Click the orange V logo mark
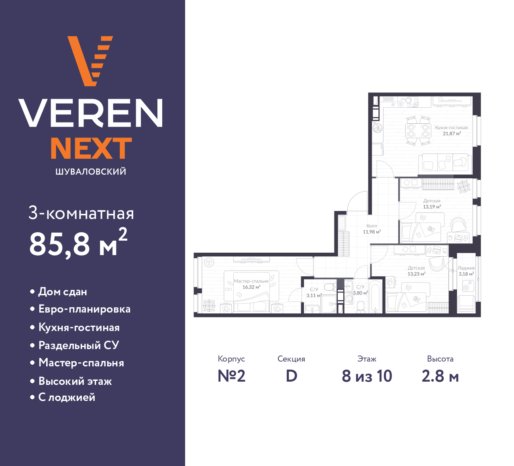tap(90, 61)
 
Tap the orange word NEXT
tap(91, 148)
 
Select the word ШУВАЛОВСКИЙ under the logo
tap(91, 172)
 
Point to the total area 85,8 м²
tap(78, 243)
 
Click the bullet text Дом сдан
tap(63, 292)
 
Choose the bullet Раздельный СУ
tap(79, 345)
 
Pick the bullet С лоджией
tap(67, 397)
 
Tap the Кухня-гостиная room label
tap(451, 128)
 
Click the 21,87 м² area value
tap(452, 133)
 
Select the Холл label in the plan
tap(371, 226)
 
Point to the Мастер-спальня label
tap(251, 281)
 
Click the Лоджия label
tap(466, 268)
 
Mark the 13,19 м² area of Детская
tap(432, 207)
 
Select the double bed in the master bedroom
tap(251, 292)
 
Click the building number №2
tap(231, 376)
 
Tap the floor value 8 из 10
tap(367, 376)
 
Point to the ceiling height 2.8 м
tap(440, 376)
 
